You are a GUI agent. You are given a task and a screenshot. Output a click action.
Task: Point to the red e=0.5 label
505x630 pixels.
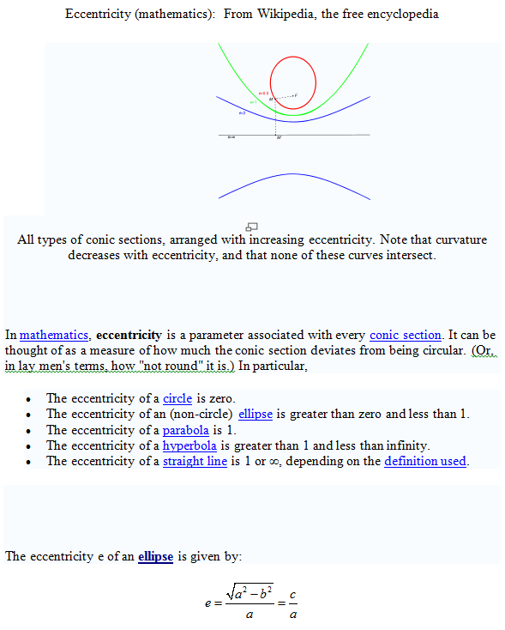pyautogui.click(x=263, y=93)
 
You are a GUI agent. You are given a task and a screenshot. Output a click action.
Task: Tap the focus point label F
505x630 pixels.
pyautogui.click(x=296, y=94)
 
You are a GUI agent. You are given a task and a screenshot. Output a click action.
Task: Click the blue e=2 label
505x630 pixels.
pyautogui.click(x=243, y=112)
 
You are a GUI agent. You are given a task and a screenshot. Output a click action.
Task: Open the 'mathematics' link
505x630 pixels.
pyautogui.click(x=54, y=335)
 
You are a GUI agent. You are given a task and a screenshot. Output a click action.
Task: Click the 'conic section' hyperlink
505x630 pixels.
pyautogui.click(x=405, y=335)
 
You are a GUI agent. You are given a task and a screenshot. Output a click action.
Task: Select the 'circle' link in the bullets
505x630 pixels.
pyautogui.click(x=177, y=398)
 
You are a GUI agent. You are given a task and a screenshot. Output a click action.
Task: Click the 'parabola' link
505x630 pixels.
pyautogui.click(x=186, y=430)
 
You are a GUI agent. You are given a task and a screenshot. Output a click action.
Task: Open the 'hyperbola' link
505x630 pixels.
pyautogui.click(x=190, y=445)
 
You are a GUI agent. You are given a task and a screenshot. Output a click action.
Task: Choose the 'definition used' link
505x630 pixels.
pyautogui.click(x=424, y=461)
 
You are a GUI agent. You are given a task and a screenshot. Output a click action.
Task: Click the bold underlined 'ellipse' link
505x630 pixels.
pyautogui.click(x=155, y=556)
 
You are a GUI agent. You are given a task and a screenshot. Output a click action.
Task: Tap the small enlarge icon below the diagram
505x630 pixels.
pyautogui.click(x=252, y=226)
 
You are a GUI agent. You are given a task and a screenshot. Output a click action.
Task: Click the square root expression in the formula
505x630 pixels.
pyautogui.click(x=249, y=590)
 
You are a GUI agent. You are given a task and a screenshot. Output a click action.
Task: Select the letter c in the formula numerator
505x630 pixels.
pyautogui.click(x=293, y=594)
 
